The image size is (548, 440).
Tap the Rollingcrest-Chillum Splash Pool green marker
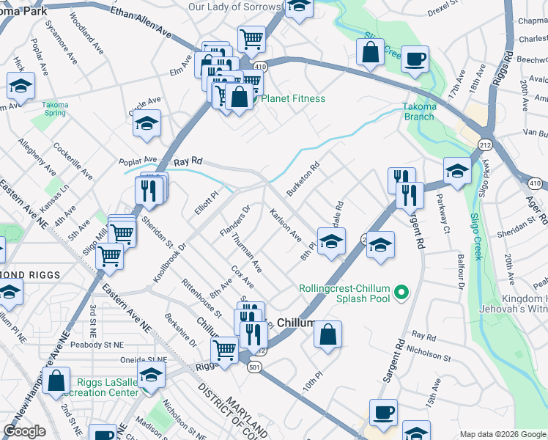click(401, 293)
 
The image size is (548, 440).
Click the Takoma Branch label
click(420, 111)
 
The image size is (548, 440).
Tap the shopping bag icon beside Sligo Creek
click(371, 51)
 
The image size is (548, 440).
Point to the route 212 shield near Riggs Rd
click(485, 145)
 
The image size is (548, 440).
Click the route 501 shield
click(253, 370)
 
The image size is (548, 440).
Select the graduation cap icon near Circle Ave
click(147, 124)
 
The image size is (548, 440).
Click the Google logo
click(24, 431)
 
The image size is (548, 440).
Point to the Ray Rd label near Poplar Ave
click(187, 161)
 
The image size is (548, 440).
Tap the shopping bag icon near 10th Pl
click(327, 334)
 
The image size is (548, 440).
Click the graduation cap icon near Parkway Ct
click(457, 172)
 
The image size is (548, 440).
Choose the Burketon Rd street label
click(303, 179)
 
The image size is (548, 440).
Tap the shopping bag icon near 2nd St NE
click(56, 381)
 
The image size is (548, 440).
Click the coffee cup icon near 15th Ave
click(382, 413)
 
